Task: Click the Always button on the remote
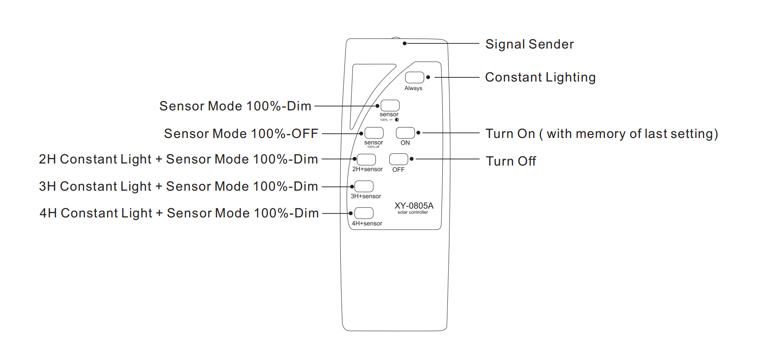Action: pos(414,77)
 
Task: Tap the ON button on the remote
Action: pos(405,133)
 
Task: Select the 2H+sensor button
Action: pos(366,159)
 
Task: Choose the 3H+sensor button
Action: pos(364,186)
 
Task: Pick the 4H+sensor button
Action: pos(364,213)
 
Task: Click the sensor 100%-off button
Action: pos(374,133)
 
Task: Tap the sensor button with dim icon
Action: pos(390,105)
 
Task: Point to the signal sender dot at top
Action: pos(404,43)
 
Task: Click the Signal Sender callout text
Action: pos(529,44)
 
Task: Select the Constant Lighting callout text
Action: pos(540,77)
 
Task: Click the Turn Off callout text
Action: pos(510,161)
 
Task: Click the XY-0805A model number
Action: pos(414,206)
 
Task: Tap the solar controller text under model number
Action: pos(413,212)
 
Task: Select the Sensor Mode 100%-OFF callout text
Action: pos(241,134)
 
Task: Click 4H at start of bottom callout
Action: pos(48,213)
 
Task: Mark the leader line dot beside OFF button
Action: pos(412,159)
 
